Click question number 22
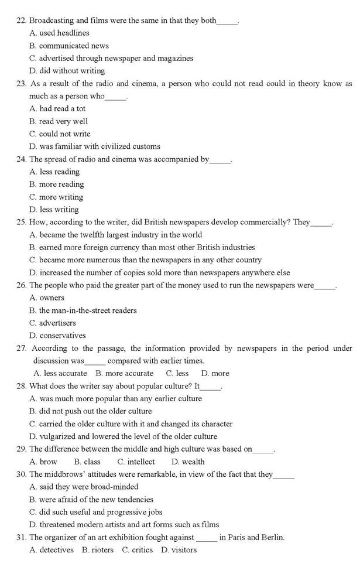pyautogui.click(x=22, y=21)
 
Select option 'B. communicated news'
pyautogui.click(x=69, y=46)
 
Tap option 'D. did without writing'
pyautogui.click(x=67, y=71)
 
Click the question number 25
pyautogui.click(x=22, y=222)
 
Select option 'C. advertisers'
pyautogui.click(x=53, y=323)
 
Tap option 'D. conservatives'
pyautogui.click(x=57, y=336)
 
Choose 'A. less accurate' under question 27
pyautogui.click(x=60, y=373)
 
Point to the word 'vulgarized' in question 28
pyautogui.click(x=58, y=436)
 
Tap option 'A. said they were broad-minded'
pyautogui.click(x=84, y=487)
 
